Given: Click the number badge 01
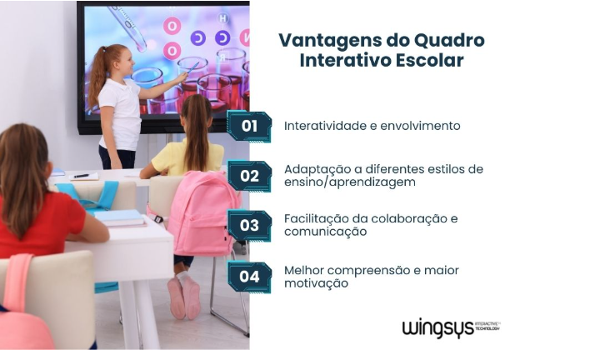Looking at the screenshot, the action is pyautogui.click(x=249, y=127).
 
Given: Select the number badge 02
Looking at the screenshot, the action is pyautogui.click(x=249, y=176).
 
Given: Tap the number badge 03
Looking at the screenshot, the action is pyautogui.click(x=249, y=225).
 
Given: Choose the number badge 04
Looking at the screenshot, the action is pyautogui.click(x=249, y=277).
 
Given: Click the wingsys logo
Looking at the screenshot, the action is pyautogui.click(x=451, y=328).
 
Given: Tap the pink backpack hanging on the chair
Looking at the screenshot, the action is pyautogui.click(x=199, y=213).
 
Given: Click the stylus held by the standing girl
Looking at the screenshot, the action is pyautogui.click(x=192, y=68).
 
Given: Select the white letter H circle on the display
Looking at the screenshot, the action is pyautogui.click(x=222, y=18).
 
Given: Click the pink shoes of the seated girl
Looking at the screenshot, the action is pyautogui.click(x=184, y=299).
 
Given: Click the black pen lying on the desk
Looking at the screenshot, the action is pyautogui.click(x=82, y=176).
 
